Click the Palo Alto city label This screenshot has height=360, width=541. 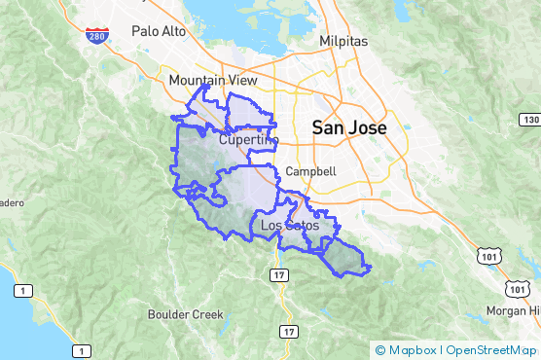click(159, 31)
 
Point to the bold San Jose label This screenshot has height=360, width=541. click(347, 127)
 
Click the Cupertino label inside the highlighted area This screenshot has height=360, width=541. click(248, 140)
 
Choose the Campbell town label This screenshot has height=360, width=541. click(311, 171)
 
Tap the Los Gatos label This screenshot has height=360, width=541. click(290, 226)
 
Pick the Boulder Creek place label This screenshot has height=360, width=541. click(185, 314)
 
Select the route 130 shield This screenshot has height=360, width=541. click(529, 119)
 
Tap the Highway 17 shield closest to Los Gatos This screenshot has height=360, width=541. click(279, 277)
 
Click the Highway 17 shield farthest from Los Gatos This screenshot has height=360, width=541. click(288, 332)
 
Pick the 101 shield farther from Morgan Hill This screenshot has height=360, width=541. click(486, 254)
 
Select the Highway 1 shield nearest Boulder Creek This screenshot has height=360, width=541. click(86, 350)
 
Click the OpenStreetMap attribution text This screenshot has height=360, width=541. click(490, 349)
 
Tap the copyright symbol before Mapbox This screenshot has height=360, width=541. click(380, 349)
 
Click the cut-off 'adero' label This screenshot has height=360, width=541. click(10, 202)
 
